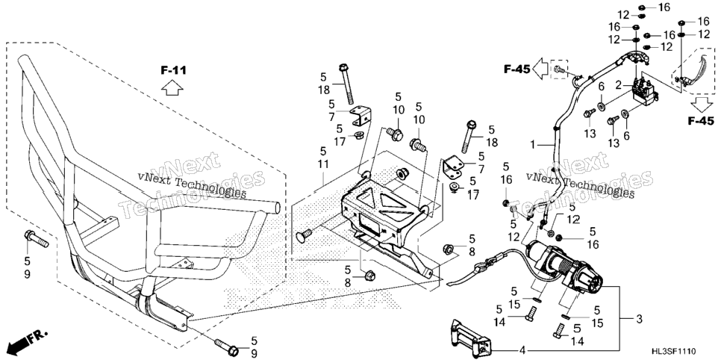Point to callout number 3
pos(639,319)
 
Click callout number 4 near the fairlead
pos(522,351)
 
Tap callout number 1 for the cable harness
pos(532,145)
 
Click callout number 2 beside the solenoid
pos(619,84)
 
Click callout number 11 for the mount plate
pos(323,164)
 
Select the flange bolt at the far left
pos(37,238)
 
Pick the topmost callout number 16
pos(651,7)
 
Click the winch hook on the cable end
pos(480,266)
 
